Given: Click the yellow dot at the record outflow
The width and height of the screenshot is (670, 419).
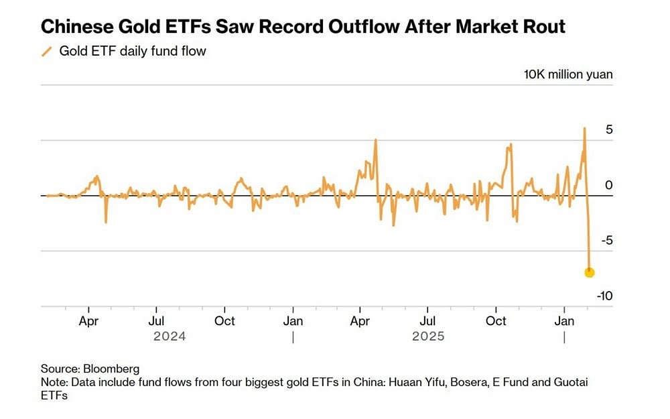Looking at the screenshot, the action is [589, 272].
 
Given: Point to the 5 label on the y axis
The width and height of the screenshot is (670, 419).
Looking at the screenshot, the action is [609, 129].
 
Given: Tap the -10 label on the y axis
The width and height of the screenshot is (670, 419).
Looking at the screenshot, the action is [604, 296].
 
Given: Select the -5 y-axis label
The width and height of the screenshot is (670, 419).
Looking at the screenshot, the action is [607, 240].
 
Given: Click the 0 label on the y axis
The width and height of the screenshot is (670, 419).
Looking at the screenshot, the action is [609, 185].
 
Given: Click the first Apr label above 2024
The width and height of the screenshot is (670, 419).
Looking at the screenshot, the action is [88, 322].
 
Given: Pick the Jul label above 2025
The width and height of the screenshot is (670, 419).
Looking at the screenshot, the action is [427, 321].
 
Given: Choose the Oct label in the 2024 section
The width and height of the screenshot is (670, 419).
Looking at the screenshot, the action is [224, 321].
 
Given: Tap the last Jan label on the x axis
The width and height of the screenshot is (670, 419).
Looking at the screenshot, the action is [564, 321].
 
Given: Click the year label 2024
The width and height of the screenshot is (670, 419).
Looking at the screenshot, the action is [170, 337].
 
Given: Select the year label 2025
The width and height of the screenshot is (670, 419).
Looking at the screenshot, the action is [428, 337].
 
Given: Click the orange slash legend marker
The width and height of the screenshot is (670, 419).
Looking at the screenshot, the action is [47, 52].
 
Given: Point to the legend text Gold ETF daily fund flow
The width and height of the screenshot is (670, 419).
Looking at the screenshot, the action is [133, 51].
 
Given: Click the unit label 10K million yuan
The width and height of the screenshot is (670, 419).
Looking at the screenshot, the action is [568, 74].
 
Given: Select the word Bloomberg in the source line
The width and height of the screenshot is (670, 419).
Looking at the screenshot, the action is [111, 369].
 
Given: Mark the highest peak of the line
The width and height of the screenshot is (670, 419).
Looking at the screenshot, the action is [584, 128].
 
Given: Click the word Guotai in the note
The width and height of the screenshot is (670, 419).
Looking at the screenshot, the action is [571, 382].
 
